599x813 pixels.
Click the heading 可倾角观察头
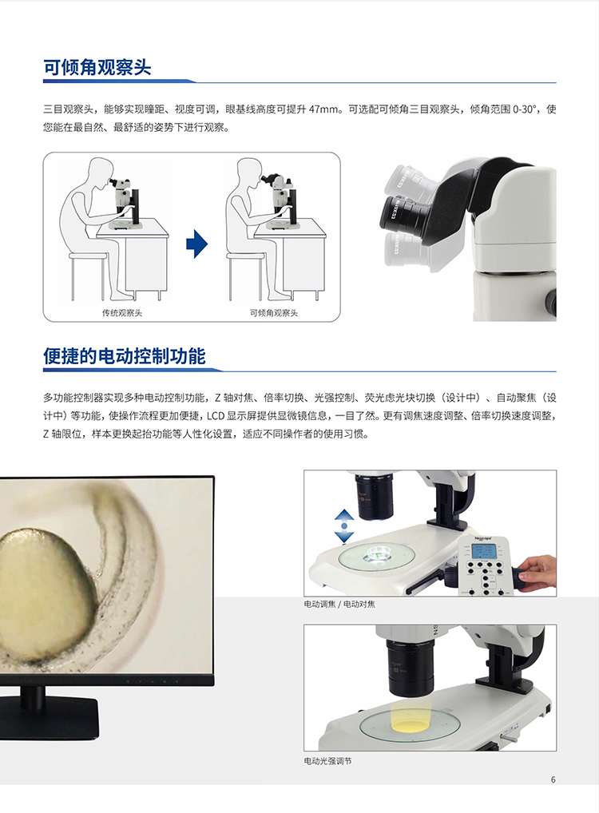click(97, 67)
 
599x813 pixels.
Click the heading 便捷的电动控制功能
click(125, 356)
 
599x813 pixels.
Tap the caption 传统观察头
click(122, 312)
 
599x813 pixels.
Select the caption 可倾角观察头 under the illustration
click(274, 312)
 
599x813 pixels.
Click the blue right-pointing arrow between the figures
click(197, 243)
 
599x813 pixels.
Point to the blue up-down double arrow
click(344, 525)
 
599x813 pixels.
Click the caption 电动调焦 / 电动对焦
click(339, 604)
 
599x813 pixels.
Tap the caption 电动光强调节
click(327, 761)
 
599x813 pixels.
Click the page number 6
click(553, 779)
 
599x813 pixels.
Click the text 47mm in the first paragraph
click(325, 109)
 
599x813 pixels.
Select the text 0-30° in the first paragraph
click(524, 109)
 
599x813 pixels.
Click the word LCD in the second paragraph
click(215, 416)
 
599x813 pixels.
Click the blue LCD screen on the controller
click(485, 552)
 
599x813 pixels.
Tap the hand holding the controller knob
click(537, 573)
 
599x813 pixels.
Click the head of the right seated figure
click(248, 171)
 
